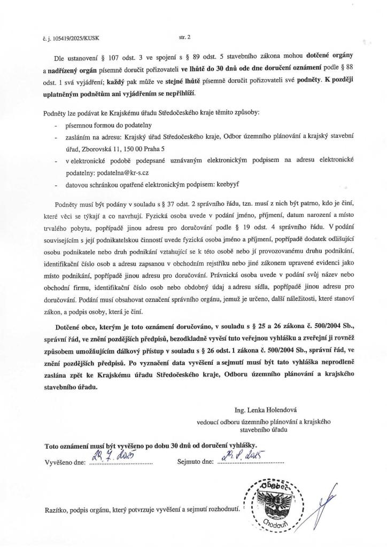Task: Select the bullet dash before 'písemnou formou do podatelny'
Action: click(56, 126)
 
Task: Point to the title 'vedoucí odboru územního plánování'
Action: click(250, 422)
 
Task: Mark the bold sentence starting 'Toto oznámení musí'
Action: click(151, 445)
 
